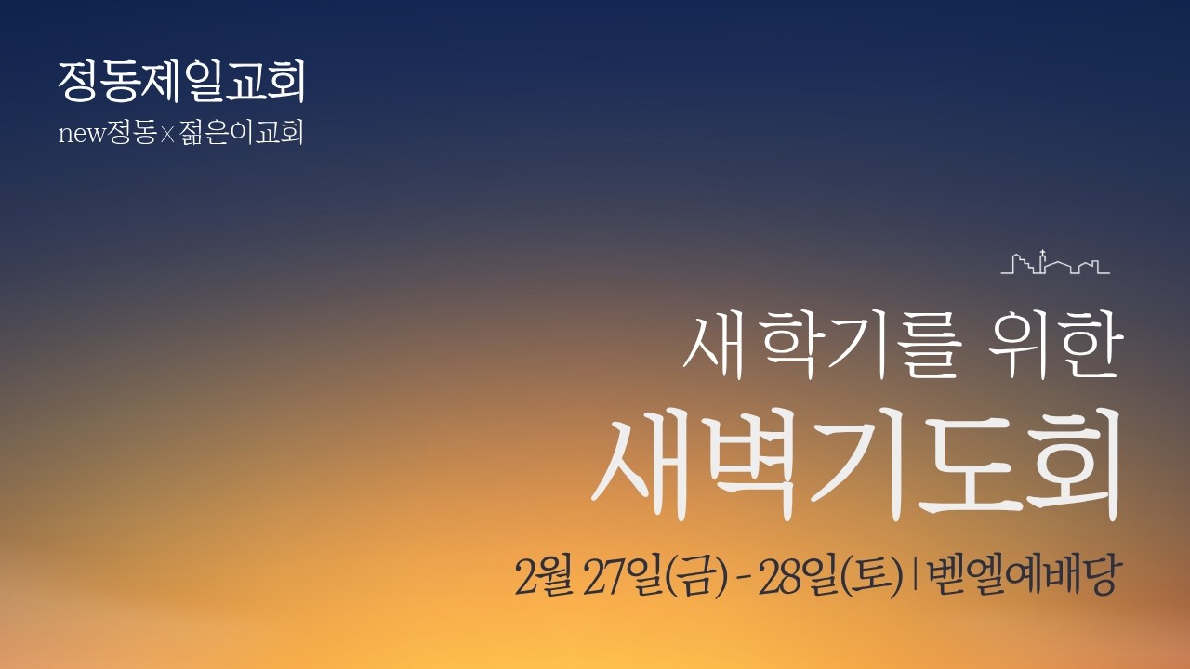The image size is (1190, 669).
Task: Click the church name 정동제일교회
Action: coord(181,83)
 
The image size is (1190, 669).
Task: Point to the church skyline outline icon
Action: coord(1055,263)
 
